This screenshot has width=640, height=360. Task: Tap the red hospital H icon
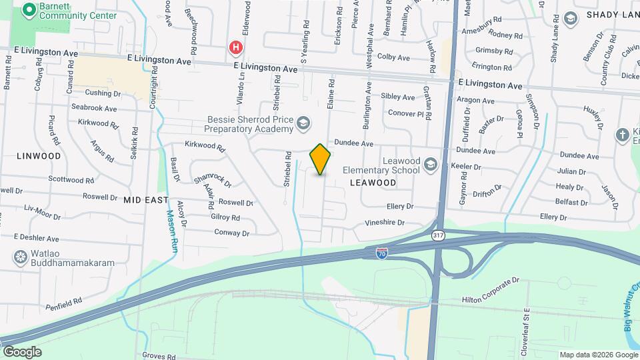[x=235, y=47]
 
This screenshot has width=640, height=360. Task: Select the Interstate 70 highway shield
[x=381, y=253]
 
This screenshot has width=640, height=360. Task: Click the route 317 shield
[x=437, y=235]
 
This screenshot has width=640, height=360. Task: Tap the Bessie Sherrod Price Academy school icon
[x=304, y=123]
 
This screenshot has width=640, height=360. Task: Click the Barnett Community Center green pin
[x=29, y=10]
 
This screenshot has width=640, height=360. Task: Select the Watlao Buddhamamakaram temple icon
[x=20, y=257]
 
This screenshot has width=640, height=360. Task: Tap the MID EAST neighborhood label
[x=145, y=199]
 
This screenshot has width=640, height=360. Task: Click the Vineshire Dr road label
[x=384, y=223]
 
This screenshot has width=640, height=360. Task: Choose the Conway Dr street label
[x=231, y=233]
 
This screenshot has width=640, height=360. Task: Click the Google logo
[x=21, y=352]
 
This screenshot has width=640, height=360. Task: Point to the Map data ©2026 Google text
[x=597, y=355]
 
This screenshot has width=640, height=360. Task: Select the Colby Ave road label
[x=393, y=58]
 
